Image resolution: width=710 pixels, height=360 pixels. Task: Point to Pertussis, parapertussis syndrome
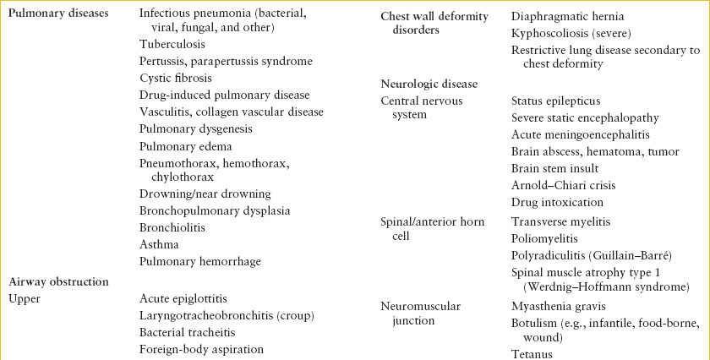(226, 62)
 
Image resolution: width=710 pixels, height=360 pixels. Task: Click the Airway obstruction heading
(60, 281)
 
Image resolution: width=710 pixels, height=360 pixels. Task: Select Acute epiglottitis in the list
(183, 298)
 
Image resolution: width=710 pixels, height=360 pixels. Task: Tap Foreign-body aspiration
(201, 349)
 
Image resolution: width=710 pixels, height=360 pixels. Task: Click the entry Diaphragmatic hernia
(565, 16)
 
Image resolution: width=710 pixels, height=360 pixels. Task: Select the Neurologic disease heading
(429, 84)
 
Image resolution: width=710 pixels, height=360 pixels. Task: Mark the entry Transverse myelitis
(560, 221)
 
